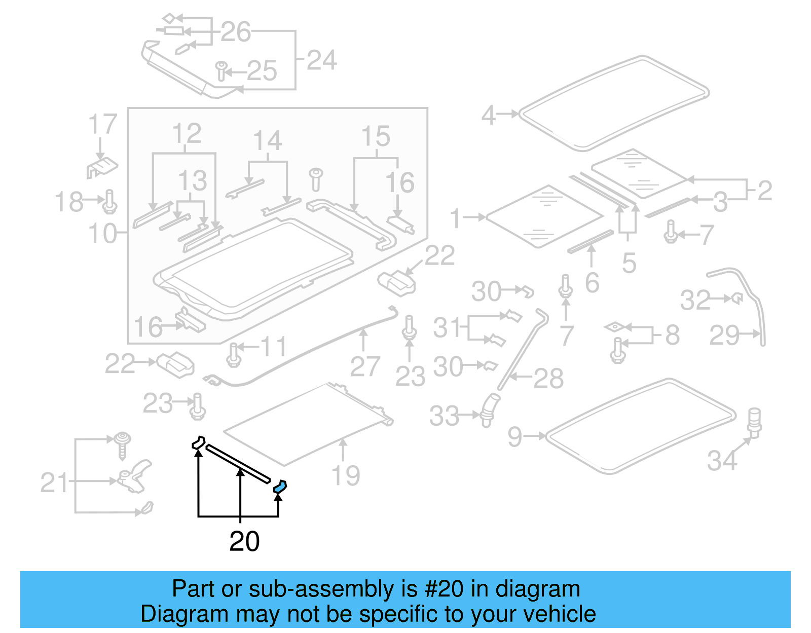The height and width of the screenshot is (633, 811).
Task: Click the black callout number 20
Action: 244,541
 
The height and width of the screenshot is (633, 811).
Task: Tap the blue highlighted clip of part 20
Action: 280,487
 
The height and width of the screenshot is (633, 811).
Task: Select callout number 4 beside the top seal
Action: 488,115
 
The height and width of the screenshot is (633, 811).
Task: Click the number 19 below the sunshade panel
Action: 345,475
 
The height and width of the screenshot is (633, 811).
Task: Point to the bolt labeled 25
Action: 221,71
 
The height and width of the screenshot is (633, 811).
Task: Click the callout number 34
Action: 722,461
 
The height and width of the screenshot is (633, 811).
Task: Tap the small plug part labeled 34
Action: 755,422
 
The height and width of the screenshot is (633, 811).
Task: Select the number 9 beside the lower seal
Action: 514,436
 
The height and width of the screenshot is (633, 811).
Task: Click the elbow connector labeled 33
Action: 489,409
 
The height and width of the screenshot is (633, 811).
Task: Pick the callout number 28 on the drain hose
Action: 548,378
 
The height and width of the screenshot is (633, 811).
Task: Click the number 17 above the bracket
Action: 102,124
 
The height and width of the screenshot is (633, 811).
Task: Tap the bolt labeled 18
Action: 110,202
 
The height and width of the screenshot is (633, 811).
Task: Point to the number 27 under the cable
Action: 364,366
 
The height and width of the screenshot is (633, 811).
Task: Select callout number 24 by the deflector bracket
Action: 321,60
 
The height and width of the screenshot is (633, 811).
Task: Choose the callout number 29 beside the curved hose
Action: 724,335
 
